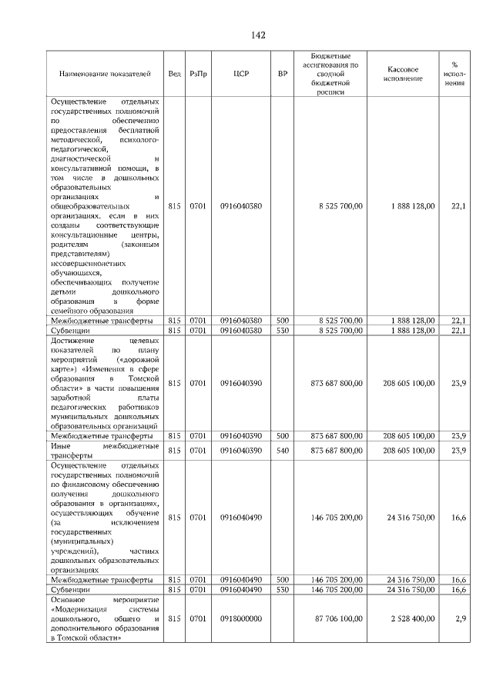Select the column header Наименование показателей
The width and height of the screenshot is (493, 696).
coord(105,74)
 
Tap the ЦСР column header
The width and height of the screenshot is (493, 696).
coord(240,74)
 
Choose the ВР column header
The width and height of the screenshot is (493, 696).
coord(283,74)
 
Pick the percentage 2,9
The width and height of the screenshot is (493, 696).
coord(460,618)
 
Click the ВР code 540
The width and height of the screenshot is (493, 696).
coord(283,450)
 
